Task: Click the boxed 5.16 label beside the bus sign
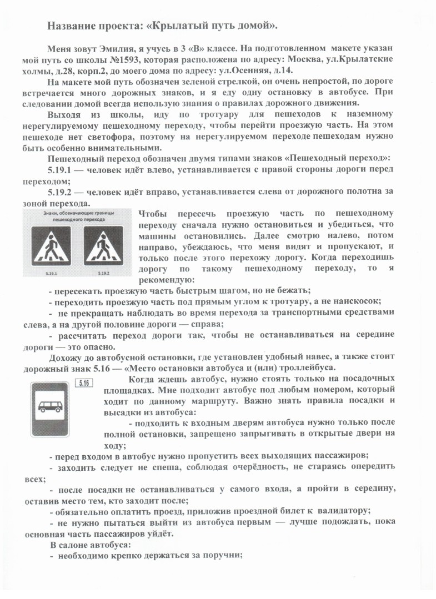click(x=83, y=382)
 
